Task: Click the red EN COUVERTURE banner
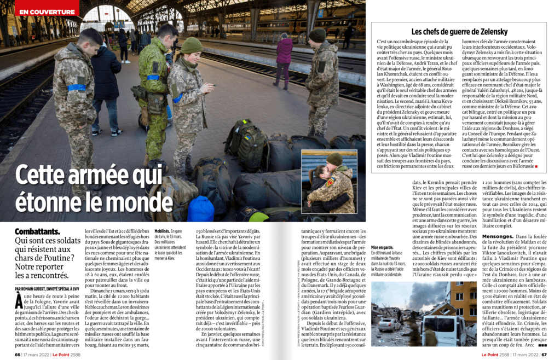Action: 46,11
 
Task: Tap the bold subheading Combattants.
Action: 38,231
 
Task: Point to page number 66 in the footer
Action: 18,354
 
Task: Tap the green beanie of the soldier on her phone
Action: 192,45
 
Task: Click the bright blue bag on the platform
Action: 201,209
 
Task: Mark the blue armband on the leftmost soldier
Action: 77,87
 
